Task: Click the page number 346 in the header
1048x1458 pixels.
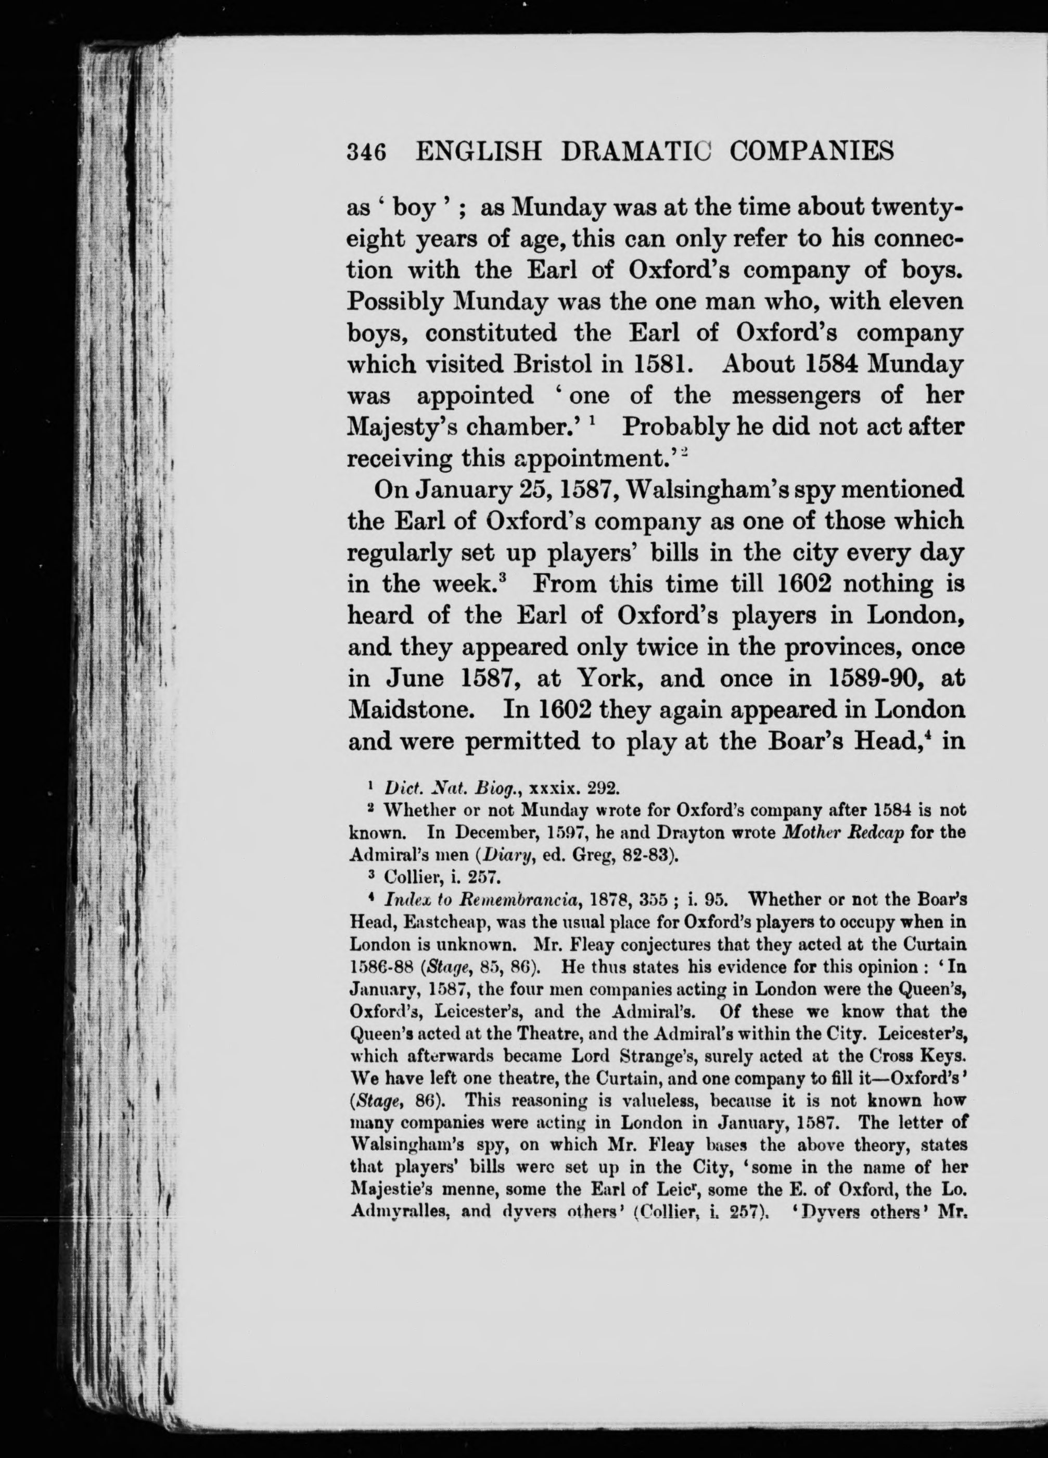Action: (366, 152)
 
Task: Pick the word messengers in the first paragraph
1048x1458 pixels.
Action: (795, 395)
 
